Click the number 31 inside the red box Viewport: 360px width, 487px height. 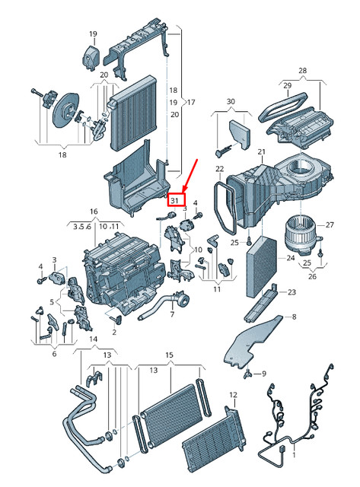(176, 200)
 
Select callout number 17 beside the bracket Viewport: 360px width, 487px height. (191, 102)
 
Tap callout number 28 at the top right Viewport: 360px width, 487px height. (302, 71)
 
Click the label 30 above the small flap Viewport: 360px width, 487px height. (231, 101)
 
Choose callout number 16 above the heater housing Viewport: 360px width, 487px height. (94, 211)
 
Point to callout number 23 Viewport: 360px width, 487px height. (291, 292)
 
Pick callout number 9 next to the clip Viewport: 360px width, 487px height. (263, 374)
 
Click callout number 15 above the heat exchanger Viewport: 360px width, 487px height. (169, 355)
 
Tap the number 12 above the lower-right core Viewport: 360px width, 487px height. (234, 395)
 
